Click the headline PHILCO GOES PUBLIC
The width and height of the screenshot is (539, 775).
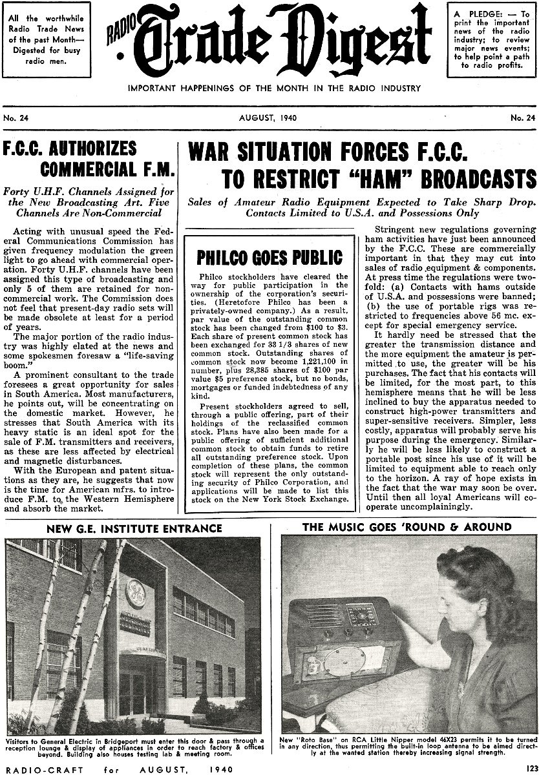[269, 257]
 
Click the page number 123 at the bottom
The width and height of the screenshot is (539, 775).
[531, 769]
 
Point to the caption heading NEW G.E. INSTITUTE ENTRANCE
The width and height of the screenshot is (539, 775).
[134, 528]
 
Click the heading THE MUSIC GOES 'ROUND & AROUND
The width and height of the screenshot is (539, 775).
[407, 527]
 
